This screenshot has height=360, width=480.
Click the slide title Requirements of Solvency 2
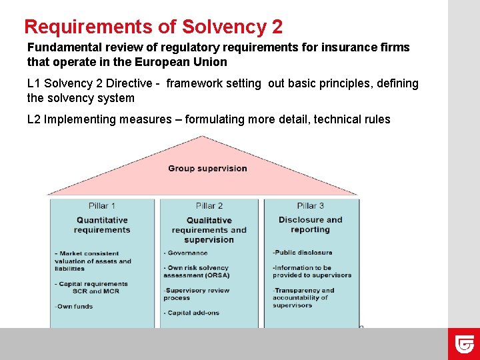coord(153,27)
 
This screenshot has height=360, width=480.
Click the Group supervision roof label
coord(207,168)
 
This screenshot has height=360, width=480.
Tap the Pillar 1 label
coord(102,205)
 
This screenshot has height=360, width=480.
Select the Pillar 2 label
coord(209,205)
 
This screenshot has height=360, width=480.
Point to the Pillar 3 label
coord(310,205)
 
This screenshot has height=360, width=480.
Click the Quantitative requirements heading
coord(102,225)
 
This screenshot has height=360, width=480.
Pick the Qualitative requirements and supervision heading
coord(209,230)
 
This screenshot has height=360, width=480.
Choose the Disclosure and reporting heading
coord(310,225)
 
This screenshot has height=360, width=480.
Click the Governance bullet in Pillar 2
coord(187,253)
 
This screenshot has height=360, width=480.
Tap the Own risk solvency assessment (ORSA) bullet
coord(197,271)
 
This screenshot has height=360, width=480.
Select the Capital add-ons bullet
coord(192,313)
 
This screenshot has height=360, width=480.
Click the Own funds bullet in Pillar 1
coord(74,307)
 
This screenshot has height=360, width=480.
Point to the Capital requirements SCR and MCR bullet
coord(91,287)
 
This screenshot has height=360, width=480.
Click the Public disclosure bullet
coord(303,253)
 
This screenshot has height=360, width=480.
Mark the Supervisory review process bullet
coord(197,294)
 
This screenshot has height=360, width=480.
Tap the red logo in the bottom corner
coord(464,344)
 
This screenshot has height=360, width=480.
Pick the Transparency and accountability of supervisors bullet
coord(303,297)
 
